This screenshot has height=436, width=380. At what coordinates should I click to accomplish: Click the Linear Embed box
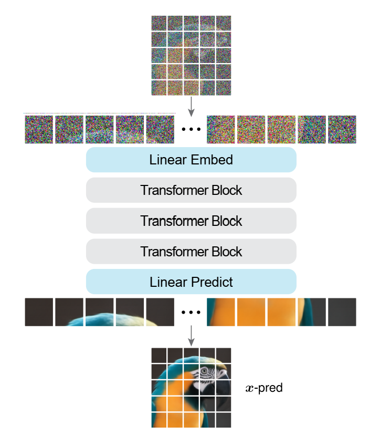[191, 160]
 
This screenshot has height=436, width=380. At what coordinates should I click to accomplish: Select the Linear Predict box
[191, 282]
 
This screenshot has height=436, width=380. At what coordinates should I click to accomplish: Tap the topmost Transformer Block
[191, 190]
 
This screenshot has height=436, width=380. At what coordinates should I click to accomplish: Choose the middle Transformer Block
[191, 221]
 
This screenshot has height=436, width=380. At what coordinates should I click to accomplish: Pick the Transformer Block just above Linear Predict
[191, 251]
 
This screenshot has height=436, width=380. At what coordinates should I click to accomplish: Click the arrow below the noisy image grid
[191, 105]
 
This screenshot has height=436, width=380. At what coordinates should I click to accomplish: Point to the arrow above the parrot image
[191, 334]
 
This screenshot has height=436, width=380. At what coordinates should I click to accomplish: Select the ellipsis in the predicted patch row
[191, 313]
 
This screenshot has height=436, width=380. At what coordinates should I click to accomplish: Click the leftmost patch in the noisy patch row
[39, 130]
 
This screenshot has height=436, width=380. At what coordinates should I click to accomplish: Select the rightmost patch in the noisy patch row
[342, 130]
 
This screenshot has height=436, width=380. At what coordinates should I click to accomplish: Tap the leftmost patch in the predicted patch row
[39, 312]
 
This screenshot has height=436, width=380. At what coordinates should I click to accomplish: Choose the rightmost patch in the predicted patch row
[342, 312]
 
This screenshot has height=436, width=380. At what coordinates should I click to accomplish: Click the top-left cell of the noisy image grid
[159, 23]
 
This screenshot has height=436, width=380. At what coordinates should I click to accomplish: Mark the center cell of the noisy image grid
[191, 55]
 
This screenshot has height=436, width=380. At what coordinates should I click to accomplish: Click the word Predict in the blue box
[212, 282]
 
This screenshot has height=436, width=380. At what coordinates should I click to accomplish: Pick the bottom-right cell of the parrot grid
[224, 419]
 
